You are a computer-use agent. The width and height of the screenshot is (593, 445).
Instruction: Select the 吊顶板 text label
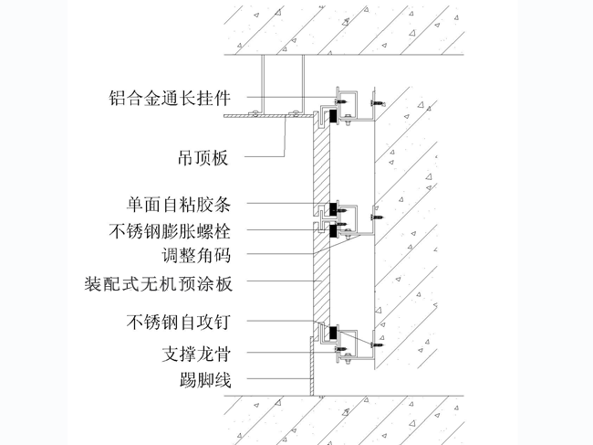pos(202,157)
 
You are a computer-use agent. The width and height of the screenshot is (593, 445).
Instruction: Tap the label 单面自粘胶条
pos(181,203)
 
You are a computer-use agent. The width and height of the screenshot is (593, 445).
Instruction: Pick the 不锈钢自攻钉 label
pos(181,322)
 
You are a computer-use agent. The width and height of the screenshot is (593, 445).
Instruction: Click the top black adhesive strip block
pos(336,115)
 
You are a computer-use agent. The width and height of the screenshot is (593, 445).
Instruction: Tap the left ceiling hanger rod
pos(262,82)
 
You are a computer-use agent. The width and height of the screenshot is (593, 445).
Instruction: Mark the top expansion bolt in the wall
pos(376,96)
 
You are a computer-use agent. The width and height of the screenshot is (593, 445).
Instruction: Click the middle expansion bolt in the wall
pos(376,217)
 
